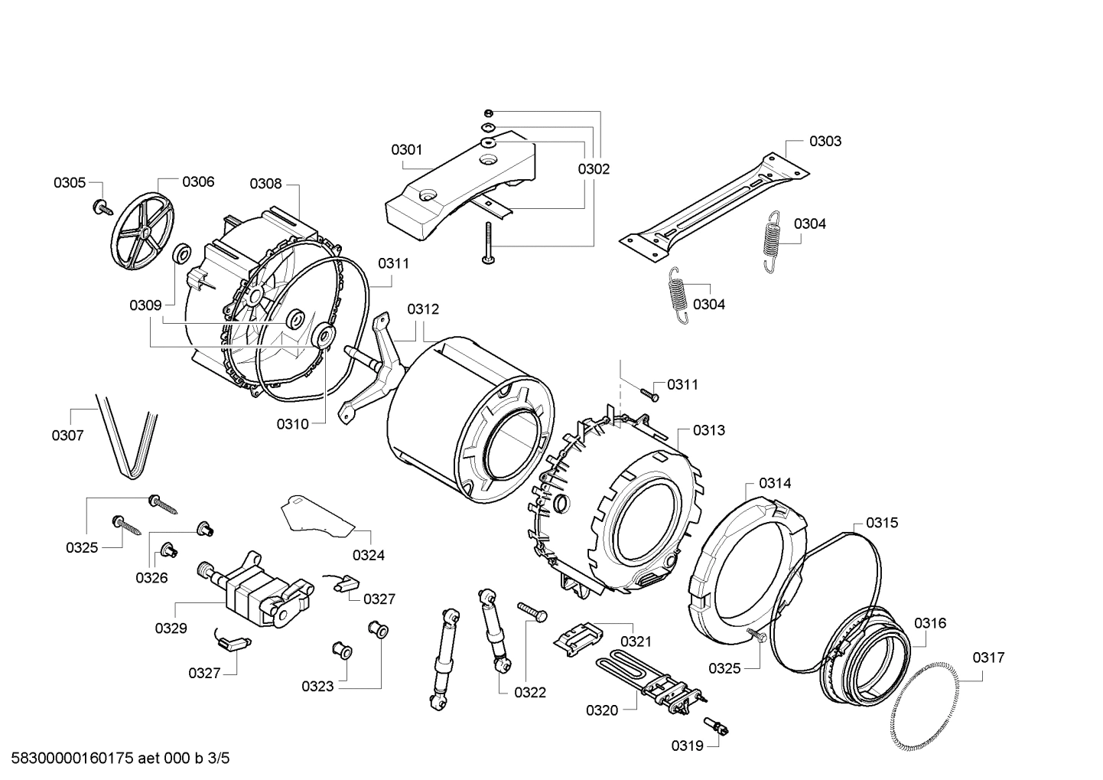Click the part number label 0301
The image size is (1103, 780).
click(406, 150)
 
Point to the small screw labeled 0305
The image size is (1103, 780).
click(100, 205)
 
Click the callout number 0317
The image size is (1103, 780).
click(988, 657)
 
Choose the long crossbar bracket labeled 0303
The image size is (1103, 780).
click(711, 202)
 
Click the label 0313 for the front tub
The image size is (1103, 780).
click(708, 430)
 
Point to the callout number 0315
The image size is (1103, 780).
click(882, 523)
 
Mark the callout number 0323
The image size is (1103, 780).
click(317, 686)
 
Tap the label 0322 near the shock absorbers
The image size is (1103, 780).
click(530, 692)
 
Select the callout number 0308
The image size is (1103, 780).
click(265, 184)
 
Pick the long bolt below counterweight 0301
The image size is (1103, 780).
click(487, 243)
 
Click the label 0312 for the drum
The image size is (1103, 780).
click(423, 309)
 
